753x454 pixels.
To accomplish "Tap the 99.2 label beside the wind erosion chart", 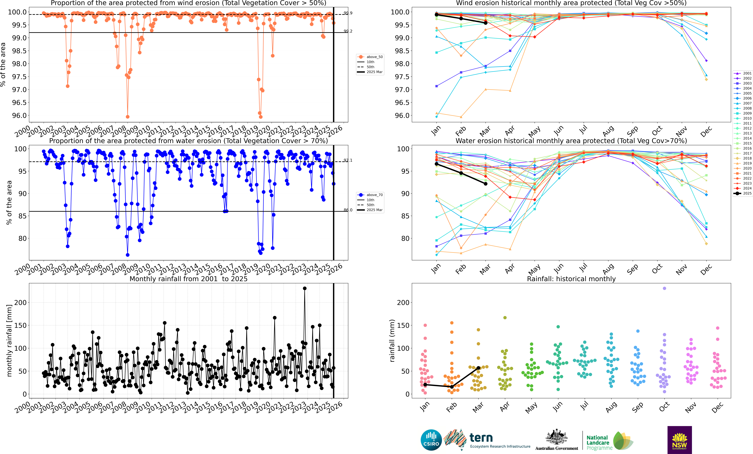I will click(348, 31).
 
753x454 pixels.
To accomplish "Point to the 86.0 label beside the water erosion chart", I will click(348, 210).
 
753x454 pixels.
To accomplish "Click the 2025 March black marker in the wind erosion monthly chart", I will click(486, 23).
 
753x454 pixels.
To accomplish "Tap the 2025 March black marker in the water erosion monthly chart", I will click(486, 184).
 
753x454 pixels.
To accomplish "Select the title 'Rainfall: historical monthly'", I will click(571, 279).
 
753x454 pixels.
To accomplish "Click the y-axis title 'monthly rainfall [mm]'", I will click(9, 340).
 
